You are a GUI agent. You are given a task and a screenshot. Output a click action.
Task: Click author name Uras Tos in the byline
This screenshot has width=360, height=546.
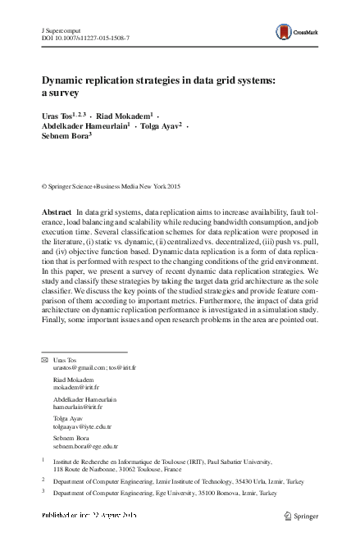[x=57, y=116]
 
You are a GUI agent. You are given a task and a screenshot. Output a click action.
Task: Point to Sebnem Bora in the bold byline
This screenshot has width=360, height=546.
[x=64, y=137]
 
